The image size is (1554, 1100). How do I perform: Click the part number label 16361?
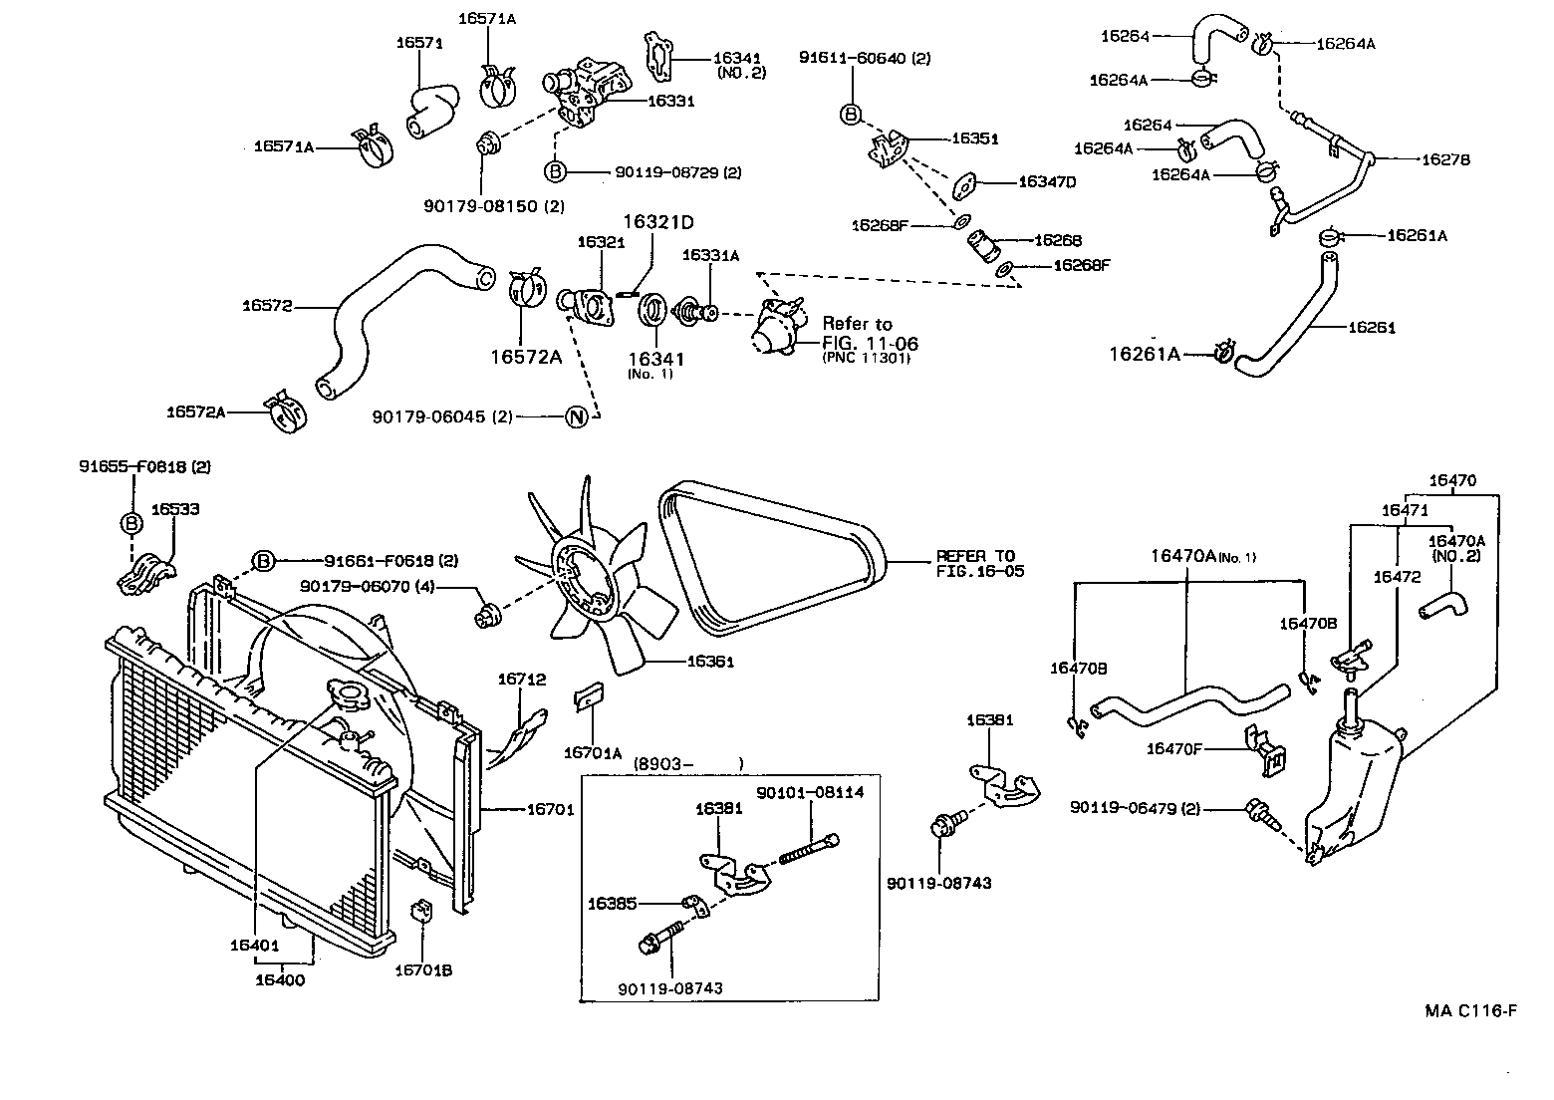coord(709,661)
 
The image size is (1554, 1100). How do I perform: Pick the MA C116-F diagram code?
coord(1470,1011)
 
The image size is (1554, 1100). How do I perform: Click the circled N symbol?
coord(576,417)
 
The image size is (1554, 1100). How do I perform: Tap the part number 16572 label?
coord(266,306)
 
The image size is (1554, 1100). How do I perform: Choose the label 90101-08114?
coord(810,792)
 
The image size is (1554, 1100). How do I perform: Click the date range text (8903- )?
coord(688,763)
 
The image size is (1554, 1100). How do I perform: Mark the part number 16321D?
coord(658,221)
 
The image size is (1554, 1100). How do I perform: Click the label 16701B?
coord(423,969)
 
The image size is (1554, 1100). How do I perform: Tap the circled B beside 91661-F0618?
coord(263,561)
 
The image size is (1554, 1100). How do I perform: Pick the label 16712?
coord(522,680)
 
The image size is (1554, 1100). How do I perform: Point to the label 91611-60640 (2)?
coord(864,59)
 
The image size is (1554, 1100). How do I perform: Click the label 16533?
coord(175,509)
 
